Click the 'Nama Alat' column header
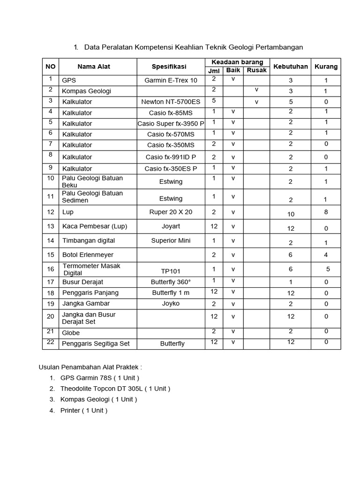tap(94, 67)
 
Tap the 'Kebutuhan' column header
tap(291, 67)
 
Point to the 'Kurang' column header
tap(326, 67)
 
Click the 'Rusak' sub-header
tap(256, 70)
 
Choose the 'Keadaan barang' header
tap(237, 62)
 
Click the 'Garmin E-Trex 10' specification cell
tap(171, 80)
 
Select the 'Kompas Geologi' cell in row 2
tap(87, 91)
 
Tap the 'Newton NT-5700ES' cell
tap(171, 102)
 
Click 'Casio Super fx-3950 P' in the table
tap(171, 124)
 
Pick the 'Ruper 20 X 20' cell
tap(171, 212)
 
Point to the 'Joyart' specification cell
tap(171, 226)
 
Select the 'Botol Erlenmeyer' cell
tap(88, 255)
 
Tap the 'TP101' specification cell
tap(171, 271)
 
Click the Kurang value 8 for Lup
tap(326, 212)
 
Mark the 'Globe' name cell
tap(71, 333)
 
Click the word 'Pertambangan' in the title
tap(280, 47)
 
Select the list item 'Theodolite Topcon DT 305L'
tap(115, 389)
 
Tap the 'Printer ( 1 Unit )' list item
tap(84, 410)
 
